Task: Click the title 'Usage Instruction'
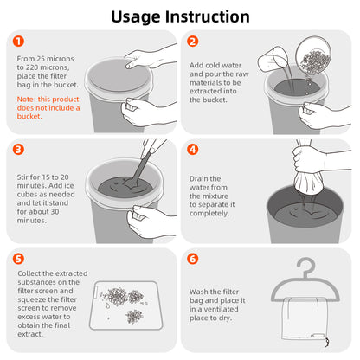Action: (x=180, y=16)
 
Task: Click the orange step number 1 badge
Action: (x=19, y=41)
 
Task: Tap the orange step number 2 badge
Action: (x=192, y=41)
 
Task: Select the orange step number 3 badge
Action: (x=19, y=148)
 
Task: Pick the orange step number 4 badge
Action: (x=192, y=148)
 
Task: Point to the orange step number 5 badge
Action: (x=19, y=257)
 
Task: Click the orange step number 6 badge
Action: (x=192, y=257)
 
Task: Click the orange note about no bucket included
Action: (x=48, y=107)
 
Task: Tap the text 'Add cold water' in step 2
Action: (x=216, y=65)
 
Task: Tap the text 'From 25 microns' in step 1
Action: (x=46, y=59)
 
